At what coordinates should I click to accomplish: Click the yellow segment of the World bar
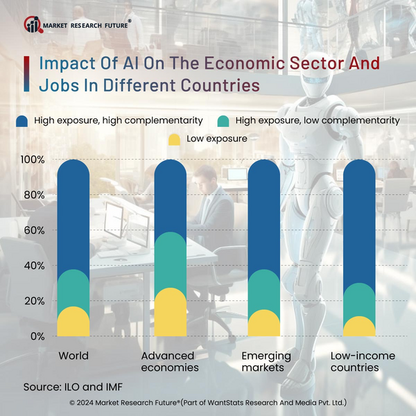pyautogui.click(x=73, y=322)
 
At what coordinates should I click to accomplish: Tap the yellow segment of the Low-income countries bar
pyautogui.click(x=359, y=327)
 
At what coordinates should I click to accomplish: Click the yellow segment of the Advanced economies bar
pyautogui.click(x=171, y=313)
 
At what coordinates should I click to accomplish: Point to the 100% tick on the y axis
pyautogui.click(x=33, y=159)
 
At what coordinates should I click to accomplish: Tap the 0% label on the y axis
pyautogui.click(x=37, y=336)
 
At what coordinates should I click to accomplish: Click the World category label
pyautogui.click(x=73, y=356)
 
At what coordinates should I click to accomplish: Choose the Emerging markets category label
pyautogui.click(x=266, y=361)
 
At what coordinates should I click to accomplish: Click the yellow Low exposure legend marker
pyautogui.click(x=174, y=139)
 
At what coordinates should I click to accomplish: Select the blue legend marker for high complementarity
pyautogui.click(x=21, y=121)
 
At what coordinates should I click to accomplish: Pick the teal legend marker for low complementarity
pyautogui.click(x=223, y=121)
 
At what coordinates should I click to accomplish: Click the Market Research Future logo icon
pyautogui.click(x=33, y=24)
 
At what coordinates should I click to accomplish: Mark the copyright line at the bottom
pyautogui.click(x=208, y=402)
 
